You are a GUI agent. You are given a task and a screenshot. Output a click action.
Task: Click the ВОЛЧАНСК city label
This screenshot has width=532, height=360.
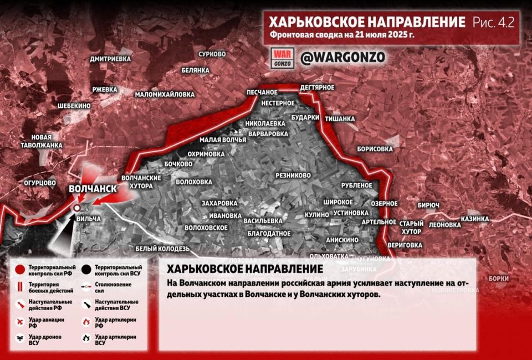[x=93, y=189]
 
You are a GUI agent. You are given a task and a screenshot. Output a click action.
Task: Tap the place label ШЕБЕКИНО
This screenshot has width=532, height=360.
[x=74, y=105]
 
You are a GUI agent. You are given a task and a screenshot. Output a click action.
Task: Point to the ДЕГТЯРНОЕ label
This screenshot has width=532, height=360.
[x=317, y=88]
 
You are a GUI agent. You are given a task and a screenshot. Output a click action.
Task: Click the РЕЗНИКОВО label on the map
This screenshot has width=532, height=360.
[x=293, y=175]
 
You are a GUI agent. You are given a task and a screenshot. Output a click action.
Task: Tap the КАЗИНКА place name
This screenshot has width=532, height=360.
[x=475, y=219]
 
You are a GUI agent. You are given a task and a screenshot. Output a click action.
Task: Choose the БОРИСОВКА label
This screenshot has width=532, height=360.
[x=375, y=149]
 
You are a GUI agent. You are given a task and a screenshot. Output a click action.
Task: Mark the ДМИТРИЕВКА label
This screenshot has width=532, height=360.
[x=110, y=58]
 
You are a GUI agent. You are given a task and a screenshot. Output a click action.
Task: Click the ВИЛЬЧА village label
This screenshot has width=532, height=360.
[x=89, y=219]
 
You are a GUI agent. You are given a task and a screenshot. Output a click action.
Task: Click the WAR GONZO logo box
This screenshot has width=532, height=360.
[x=282, y=58]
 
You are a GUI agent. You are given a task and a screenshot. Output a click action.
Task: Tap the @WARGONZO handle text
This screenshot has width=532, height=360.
[x=342, y=58]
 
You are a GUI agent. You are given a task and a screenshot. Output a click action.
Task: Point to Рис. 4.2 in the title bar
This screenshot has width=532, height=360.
[x=493, y=22]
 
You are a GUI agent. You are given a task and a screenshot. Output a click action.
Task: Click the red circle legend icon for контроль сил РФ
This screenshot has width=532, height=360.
[x=20, y=270]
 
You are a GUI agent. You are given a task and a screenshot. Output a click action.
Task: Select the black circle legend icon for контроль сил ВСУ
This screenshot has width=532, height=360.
[x=85, y=270]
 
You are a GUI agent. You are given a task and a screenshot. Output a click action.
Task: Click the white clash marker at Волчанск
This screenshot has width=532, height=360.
[x=77, y=207]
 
